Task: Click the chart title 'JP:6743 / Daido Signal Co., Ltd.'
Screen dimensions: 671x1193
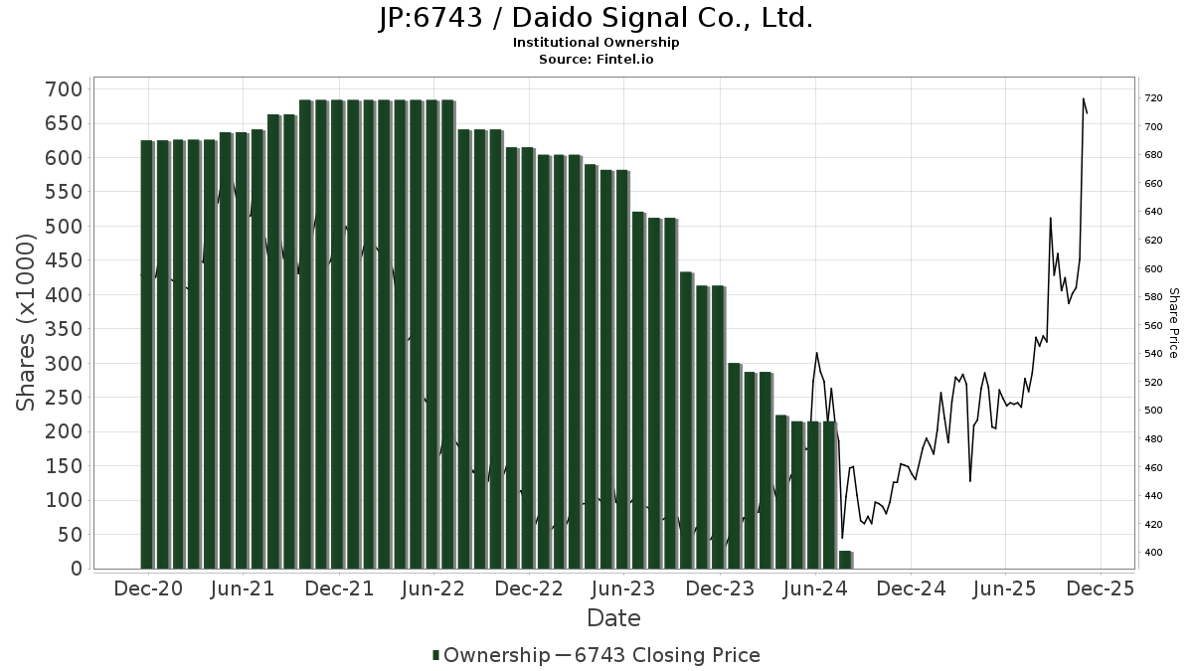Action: point(596,18)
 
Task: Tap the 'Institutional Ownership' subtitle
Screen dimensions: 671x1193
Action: point(596,43)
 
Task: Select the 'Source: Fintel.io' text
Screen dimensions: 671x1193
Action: point(596,60)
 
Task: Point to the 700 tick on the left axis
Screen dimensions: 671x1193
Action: point(64,89)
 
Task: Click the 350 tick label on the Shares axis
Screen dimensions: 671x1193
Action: point(64,329)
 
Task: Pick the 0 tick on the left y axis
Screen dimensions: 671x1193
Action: point(76,569)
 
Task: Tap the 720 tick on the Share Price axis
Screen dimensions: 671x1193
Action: point(1153,98)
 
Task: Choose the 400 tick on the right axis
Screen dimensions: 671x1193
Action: point(1153,553)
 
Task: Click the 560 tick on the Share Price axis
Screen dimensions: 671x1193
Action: point(1153,325)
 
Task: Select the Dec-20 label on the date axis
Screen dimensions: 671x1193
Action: point(149,588)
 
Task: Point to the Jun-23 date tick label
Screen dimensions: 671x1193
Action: point(623,588)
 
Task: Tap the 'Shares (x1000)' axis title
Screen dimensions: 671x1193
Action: point(27,322)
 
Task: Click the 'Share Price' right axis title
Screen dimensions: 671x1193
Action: point(1173,322)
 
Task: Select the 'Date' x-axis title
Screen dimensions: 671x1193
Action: point(613,618)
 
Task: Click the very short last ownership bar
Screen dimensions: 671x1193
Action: point(845,560)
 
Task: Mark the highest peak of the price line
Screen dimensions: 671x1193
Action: point(1083,98)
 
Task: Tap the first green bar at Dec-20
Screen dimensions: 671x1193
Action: point(147,354)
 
